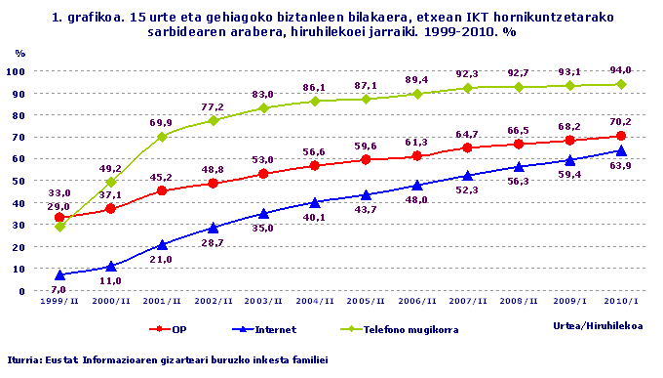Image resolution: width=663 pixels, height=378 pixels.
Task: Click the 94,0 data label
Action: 620,69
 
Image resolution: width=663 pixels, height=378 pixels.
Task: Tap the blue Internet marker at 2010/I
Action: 620,150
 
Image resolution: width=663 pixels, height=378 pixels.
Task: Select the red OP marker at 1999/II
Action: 58,218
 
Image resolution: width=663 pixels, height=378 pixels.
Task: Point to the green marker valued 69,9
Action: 161,137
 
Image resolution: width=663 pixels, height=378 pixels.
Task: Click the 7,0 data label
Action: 58,290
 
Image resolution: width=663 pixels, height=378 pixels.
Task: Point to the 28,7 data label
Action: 212,242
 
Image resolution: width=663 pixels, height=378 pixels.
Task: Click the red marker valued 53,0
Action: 263,174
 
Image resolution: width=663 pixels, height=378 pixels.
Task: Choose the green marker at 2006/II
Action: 416,94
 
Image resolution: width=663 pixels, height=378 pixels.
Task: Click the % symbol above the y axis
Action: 20,54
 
